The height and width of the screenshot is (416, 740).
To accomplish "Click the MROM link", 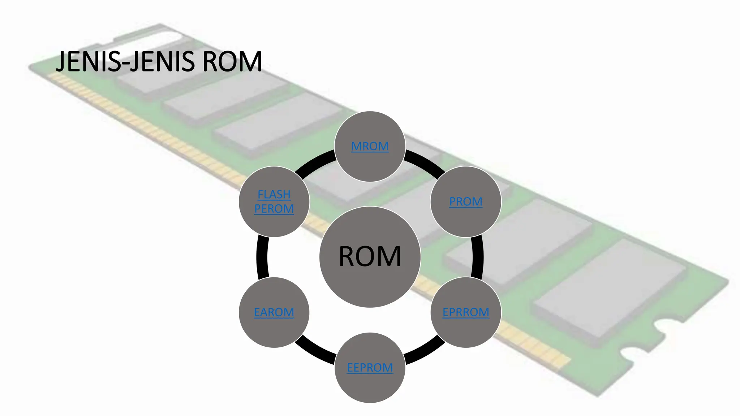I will point(370,146).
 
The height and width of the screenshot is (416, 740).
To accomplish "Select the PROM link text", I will point(465,201).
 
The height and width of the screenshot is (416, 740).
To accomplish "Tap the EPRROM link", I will point(465,312).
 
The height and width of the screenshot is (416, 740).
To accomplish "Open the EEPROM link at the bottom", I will point(370,368).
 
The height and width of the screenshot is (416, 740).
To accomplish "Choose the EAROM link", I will point(274,312).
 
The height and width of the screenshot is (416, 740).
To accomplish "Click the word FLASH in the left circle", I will point(274,194).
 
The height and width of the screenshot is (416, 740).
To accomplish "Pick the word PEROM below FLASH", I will point(274,209).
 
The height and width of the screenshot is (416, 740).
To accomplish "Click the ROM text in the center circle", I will point(370,256).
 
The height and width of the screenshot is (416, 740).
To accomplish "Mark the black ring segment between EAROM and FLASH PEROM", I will point(262,256).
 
